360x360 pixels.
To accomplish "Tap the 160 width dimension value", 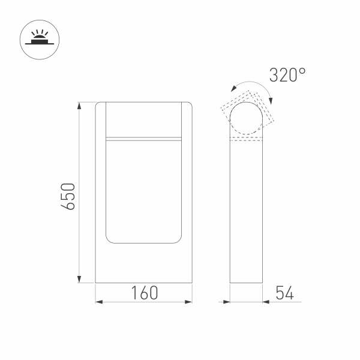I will coord(144,293).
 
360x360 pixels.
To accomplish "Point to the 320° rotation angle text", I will coord(287,76).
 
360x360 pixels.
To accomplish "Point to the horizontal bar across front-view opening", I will coord(143,139).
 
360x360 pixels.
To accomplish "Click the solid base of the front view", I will coord(143,264).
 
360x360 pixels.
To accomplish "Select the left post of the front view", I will coord(101,180).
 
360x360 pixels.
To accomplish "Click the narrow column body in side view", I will coord(247,210).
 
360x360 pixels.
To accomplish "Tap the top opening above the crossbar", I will coord(143,120).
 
